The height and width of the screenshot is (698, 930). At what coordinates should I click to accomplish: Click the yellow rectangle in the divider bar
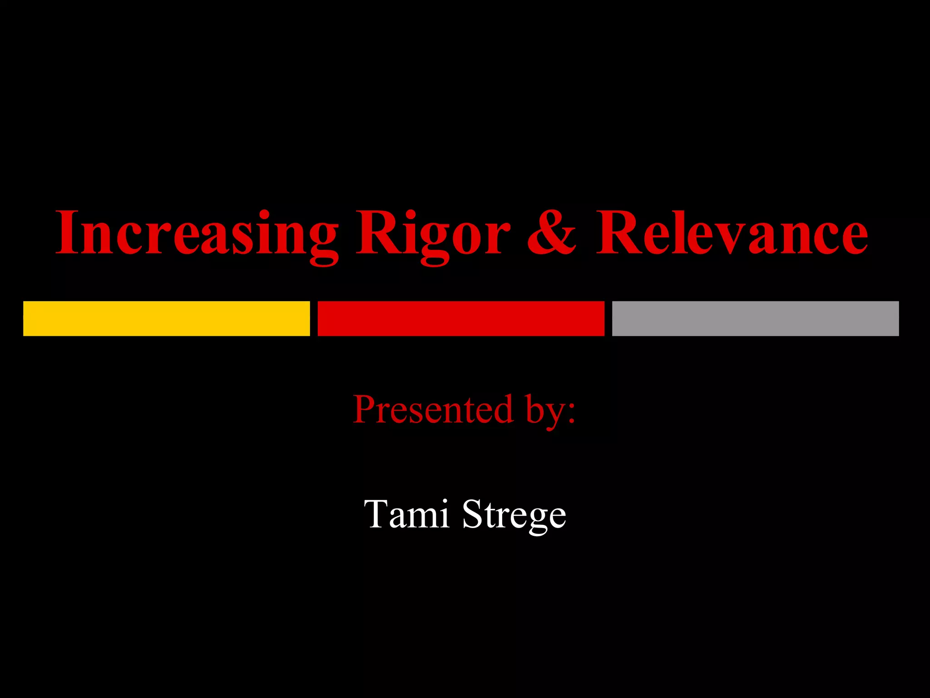166,319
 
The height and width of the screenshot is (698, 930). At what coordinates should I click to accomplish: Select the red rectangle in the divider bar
461,319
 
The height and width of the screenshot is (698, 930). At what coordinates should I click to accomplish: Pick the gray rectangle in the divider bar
755,319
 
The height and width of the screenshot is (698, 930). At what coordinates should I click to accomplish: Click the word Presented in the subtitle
434,409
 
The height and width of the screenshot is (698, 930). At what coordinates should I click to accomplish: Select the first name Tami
406,514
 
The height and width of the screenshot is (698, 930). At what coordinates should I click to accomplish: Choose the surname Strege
514,516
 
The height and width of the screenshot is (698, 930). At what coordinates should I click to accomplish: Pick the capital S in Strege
473,514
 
